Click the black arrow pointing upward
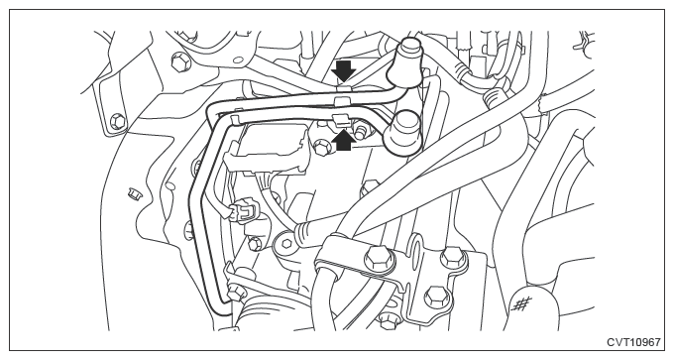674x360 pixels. pyautogui.click(x=345, y=140)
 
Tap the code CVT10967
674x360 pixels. pyautogui.click(x=633, y=342)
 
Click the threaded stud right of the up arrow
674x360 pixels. pyautogui.click(x=361, y=130)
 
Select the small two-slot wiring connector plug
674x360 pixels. pyautogui.click(x=244, y=212)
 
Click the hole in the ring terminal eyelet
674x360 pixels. pyautogui.click(x=285, y=244)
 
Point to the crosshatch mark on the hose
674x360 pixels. pyautogui.click(x=521, y=303)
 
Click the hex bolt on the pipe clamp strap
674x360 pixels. pyautogui.click(x=379, y=261)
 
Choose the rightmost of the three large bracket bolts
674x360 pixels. pyautogui.click(x=453, y=258)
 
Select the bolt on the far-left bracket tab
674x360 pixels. pyautogui.click(x=118, y=121)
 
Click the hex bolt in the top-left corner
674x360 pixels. pyautogui.click(x=178, y=61)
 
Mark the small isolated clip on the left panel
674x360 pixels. pyautogui.click(x=135, y=193)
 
